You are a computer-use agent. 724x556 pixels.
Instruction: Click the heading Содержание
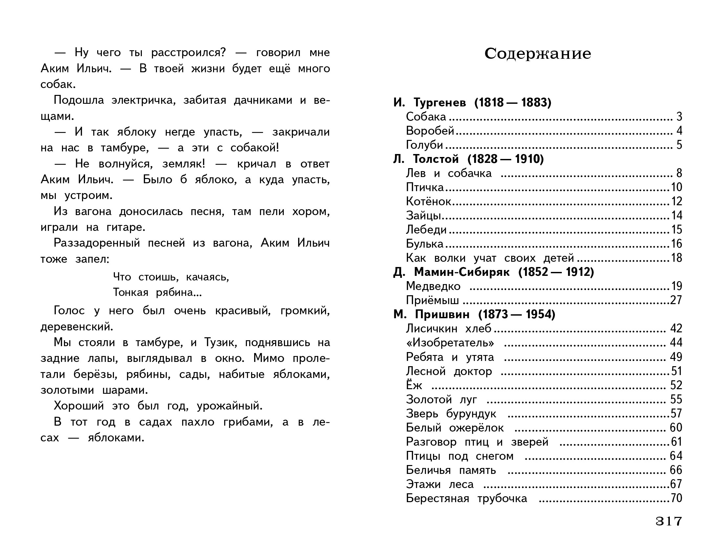(x=538, y=54)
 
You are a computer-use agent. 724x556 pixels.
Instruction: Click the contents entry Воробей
(x=430, y=131)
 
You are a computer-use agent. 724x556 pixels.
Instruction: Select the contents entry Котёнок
(x=428, y=201)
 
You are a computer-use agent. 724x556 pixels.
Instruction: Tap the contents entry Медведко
(x=433, y=286)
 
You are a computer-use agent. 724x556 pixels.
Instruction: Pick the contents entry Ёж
(x=414, y=385)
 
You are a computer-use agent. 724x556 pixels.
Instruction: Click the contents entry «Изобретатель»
(x=450, y=343)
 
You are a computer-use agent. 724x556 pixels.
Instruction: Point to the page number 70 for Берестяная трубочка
(x=676, y=498)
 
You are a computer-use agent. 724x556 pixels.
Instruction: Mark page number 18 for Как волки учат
(x=676, y=258)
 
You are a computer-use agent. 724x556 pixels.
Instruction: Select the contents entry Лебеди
(x=426, y=230)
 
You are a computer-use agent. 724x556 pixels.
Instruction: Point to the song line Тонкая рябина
(x=157, y=292)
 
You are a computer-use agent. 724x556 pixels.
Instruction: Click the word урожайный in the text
(x=229, y=406)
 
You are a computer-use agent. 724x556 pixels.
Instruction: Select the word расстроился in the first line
(x=188, y=52)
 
